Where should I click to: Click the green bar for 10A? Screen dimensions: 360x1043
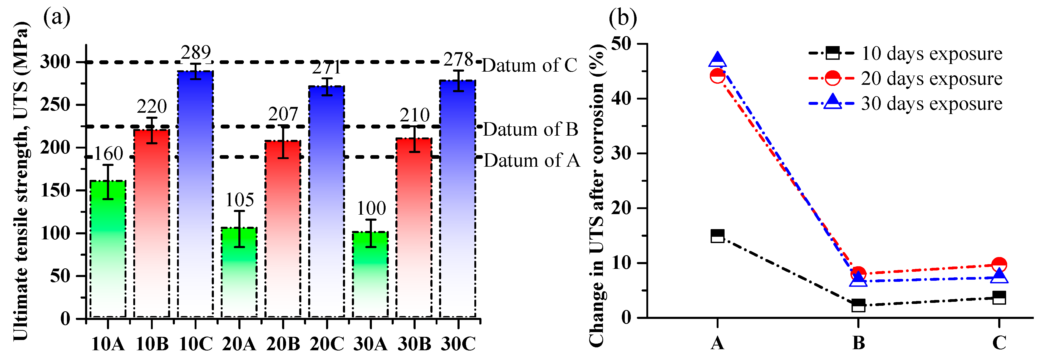tap(108, 249)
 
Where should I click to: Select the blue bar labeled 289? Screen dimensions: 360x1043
tap(195, 194)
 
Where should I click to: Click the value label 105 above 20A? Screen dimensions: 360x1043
tap(239, 200)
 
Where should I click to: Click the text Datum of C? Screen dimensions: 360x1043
tap(529, 65)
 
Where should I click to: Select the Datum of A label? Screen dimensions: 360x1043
tap(532, 160)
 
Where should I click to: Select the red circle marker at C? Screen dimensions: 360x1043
tap(999, 265)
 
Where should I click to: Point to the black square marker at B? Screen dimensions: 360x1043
tap(858, 305)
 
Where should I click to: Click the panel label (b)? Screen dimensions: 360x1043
tap(623, 18)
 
